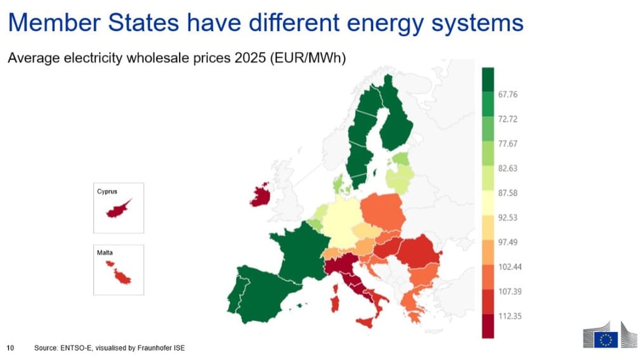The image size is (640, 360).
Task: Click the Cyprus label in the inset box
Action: [x=107, y=190]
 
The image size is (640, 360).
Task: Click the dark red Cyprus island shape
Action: [x=118, y=209]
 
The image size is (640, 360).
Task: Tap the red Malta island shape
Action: [x=122, y=276]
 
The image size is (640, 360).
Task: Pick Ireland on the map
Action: [x=260, y=196]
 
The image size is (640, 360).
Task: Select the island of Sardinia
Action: [x=335, y=300]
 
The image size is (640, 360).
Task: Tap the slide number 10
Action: [x=9, y=348]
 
